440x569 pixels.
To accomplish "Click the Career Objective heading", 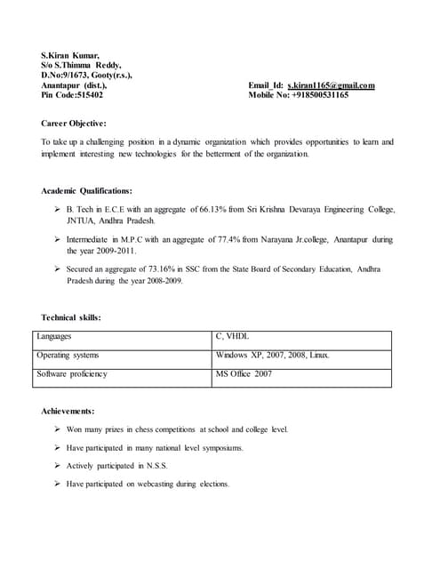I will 74,123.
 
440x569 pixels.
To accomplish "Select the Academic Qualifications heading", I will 87,190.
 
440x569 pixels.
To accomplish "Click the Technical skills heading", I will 71,317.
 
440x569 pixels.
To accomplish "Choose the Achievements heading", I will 68,411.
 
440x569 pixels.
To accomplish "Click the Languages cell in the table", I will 54,337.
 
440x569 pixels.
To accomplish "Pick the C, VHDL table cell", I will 233,337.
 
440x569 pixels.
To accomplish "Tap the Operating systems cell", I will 68,356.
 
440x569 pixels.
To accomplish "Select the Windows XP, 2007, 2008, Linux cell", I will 273,356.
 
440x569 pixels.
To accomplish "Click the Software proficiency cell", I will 72,374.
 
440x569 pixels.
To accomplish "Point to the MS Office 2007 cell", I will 244,374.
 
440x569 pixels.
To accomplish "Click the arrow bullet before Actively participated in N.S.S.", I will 57,466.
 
